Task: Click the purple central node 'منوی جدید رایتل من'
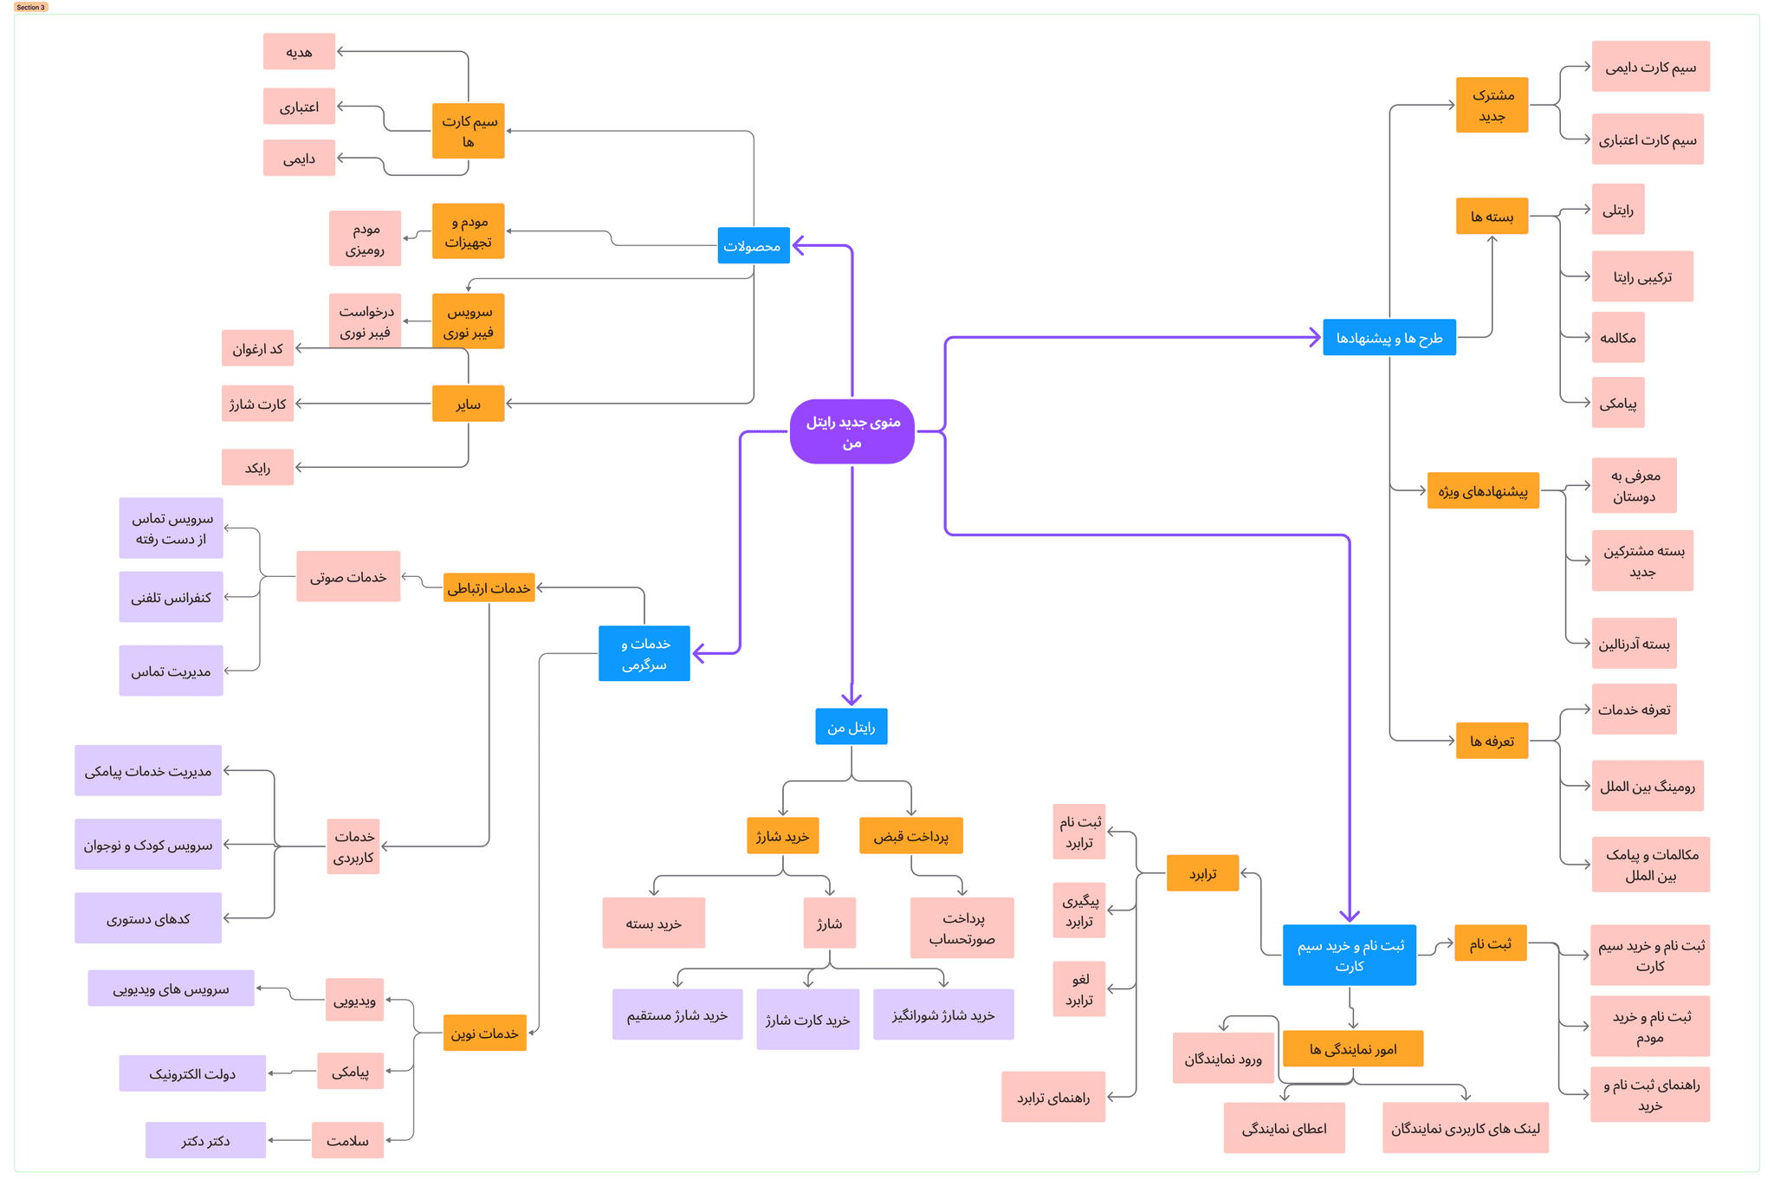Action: pos(851,431)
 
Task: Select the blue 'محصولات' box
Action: pos(754,246)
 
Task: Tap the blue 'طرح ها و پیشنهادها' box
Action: pos(1389,337)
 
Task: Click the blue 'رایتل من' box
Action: pos(851,727)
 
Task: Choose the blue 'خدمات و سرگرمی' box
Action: pos(644,653)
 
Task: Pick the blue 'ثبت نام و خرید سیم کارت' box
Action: pos(1350,955)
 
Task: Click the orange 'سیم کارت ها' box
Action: pos(469,131)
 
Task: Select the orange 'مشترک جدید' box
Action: pos(1492,105)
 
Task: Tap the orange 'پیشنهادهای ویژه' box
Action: pos(1483,490)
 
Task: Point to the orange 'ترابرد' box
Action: pos(1203,873)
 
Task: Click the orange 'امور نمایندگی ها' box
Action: pos(1353,1048)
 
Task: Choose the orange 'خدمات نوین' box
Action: pos(485,1033)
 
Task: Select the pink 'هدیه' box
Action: pos(300,51)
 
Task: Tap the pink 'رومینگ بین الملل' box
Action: pos(1648,786)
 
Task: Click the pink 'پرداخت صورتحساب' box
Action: pos(962,928)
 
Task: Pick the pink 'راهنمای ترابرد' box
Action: pos(1053,1097)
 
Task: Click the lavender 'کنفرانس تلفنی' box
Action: pos(172,597)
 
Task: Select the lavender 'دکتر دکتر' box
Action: pos(206,1140)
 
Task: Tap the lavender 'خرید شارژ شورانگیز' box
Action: pos(943,1014)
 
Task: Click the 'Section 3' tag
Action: pos(31,7)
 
